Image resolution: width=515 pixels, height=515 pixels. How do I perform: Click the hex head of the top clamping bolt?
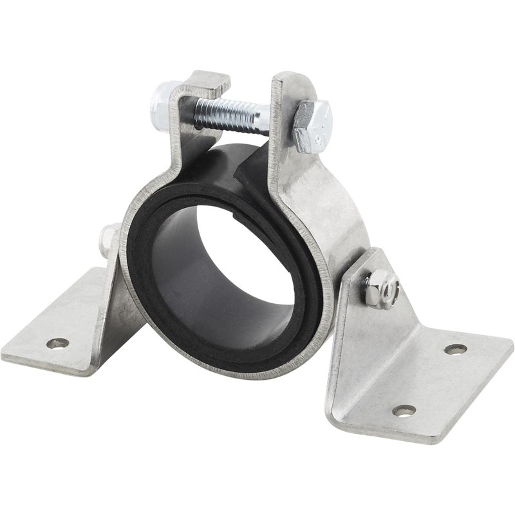[x=311, y=126]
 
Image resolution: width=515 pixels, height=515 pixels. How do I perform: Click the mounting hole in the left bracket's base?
[x=57, y=343]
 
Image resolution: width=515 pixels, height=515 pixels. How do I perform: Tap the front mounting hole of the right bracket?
[x=404, y=410]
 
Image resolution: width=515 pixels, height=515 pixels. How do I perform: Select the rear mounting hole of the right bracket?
[x=455, y=349]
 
